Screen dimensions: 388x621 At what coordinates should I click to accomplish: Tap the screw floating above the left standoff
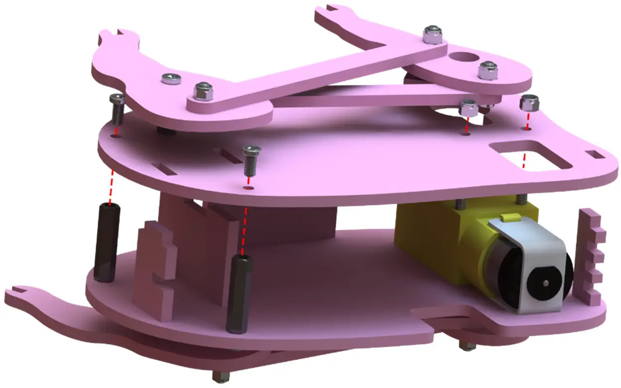tap(117, 109)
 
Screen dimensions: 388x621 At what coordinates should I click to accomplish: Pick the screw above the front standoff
tap(251, 160)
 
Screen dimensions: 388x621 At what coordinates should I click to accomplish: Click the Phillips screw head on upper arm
tap(171, 78)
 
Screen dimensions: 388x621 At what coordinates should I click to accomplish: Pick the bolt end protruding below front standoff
tap(219, 376)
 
